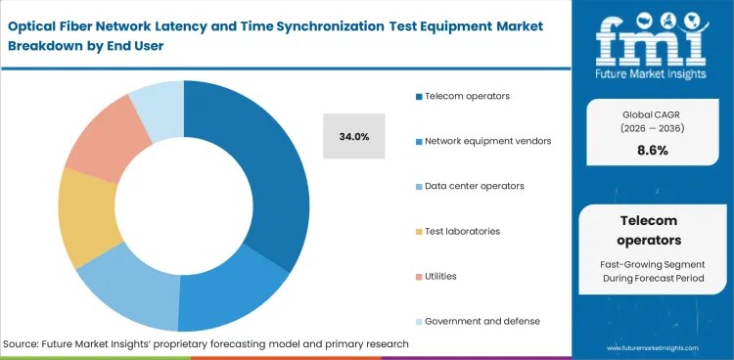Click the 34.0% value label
(x=353, y=137)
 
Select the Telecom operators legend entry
(x=468, y=96)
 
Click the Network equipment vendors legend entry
(x=487, y=141)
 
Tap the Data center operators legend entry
(x=474, y=186)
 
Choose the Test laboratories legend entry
(x=462, y=231)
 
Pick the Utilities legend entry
(x=440, y=276)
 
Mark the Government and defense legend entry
(x=482, y=321)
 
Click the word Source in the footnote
(x=24, y=343)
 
